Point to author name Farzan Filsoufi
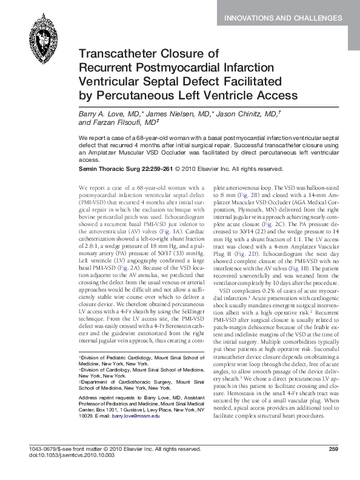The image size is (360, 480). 121,122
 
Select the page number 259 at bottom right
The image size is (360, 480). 332,449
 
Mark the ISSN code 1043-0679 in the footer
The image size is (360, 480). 42,449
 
